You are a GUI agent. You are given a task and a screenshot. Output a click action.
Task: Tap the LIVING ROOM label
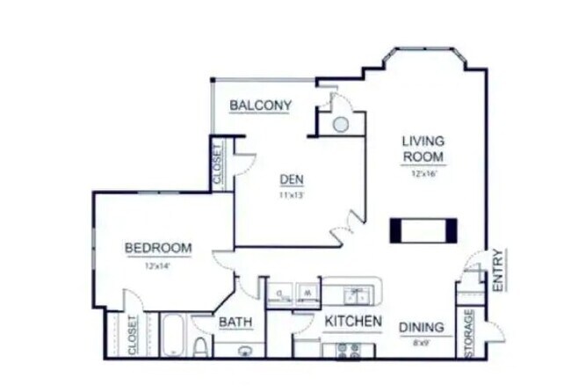423,149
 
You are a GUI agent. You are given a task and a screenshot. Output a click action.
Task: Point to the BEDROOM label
158,248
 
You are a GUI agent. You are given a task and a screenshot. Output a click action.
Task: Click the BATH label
235,323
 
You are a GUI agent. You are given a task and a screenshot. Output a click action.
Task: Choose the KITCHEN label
353,322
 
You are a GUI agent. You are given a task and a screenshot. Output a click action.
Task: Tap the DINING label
422,328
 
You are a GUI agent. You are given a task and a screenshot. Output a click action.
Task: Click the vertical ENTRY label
497,271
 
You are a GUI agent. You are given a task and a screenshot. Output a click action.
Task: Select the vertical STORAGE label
469,332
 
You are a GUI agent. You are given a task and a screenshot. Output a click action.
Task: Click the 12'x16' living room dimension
423,174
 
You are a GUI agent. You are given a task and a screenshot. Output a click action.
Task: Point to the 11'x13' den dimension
291,195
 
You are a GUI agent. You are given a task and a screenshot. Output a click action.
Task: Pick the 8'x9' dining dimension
422,343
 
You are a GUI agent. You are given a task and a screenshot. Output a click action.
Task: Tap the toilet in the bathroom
200,346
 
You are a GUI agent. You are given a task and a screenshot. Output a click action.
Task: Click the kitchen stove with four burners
349,350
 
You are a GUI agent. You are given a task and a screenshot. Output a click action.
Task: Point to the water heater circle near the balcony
340,124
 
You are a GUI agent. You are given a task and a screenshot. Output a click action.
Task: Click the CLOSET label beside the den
218,163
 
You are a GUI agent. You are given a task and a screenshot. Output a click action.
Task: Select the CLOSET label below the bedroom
134,335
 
